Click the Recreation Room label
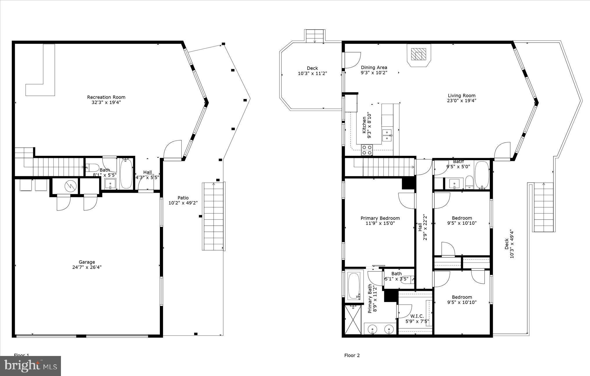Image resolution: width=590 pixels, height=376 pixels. click(106, 97)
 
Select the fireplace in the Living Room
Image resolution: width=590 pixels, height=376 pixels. click(418, 54)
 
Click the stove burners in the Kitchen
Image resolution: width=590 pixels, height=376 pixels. click(367, 150)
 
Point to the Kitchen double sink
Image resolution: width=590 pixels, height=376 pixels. click(387, 135)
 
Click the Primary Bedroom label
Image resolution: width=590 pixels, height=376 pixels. click(380, 218)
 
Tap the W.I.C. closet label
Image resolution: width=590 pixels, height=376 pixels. click(417, 316)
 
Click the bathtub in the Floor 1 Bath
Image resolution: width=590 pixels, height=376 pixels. click(126, 173)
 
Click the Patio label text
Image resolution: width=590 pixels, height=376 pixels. click(183, 198)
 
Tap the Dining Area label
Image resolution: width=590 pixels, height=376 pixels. click(374, 68)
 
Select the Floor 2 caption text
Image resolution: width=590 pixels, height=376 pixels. click(352, 355)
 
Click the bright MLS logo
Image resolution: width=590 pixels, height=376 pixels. click(30, 366)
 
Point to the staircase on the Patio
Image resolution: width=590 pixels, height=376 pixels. click(214, 216)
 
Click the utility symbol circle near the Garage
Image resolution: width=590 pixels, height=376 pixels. click(70, 186)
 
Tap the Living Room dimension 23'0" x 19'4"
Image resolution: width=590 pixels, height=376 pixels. click(461, 101)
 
